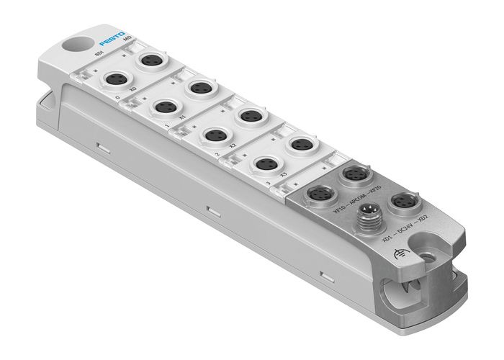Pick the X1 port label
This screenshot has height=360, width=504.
coord(182,115)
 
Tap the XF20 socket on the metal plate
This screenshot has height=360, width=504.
coord(355,176)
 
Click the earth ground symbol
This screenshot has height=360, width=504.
coord(400,250)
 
